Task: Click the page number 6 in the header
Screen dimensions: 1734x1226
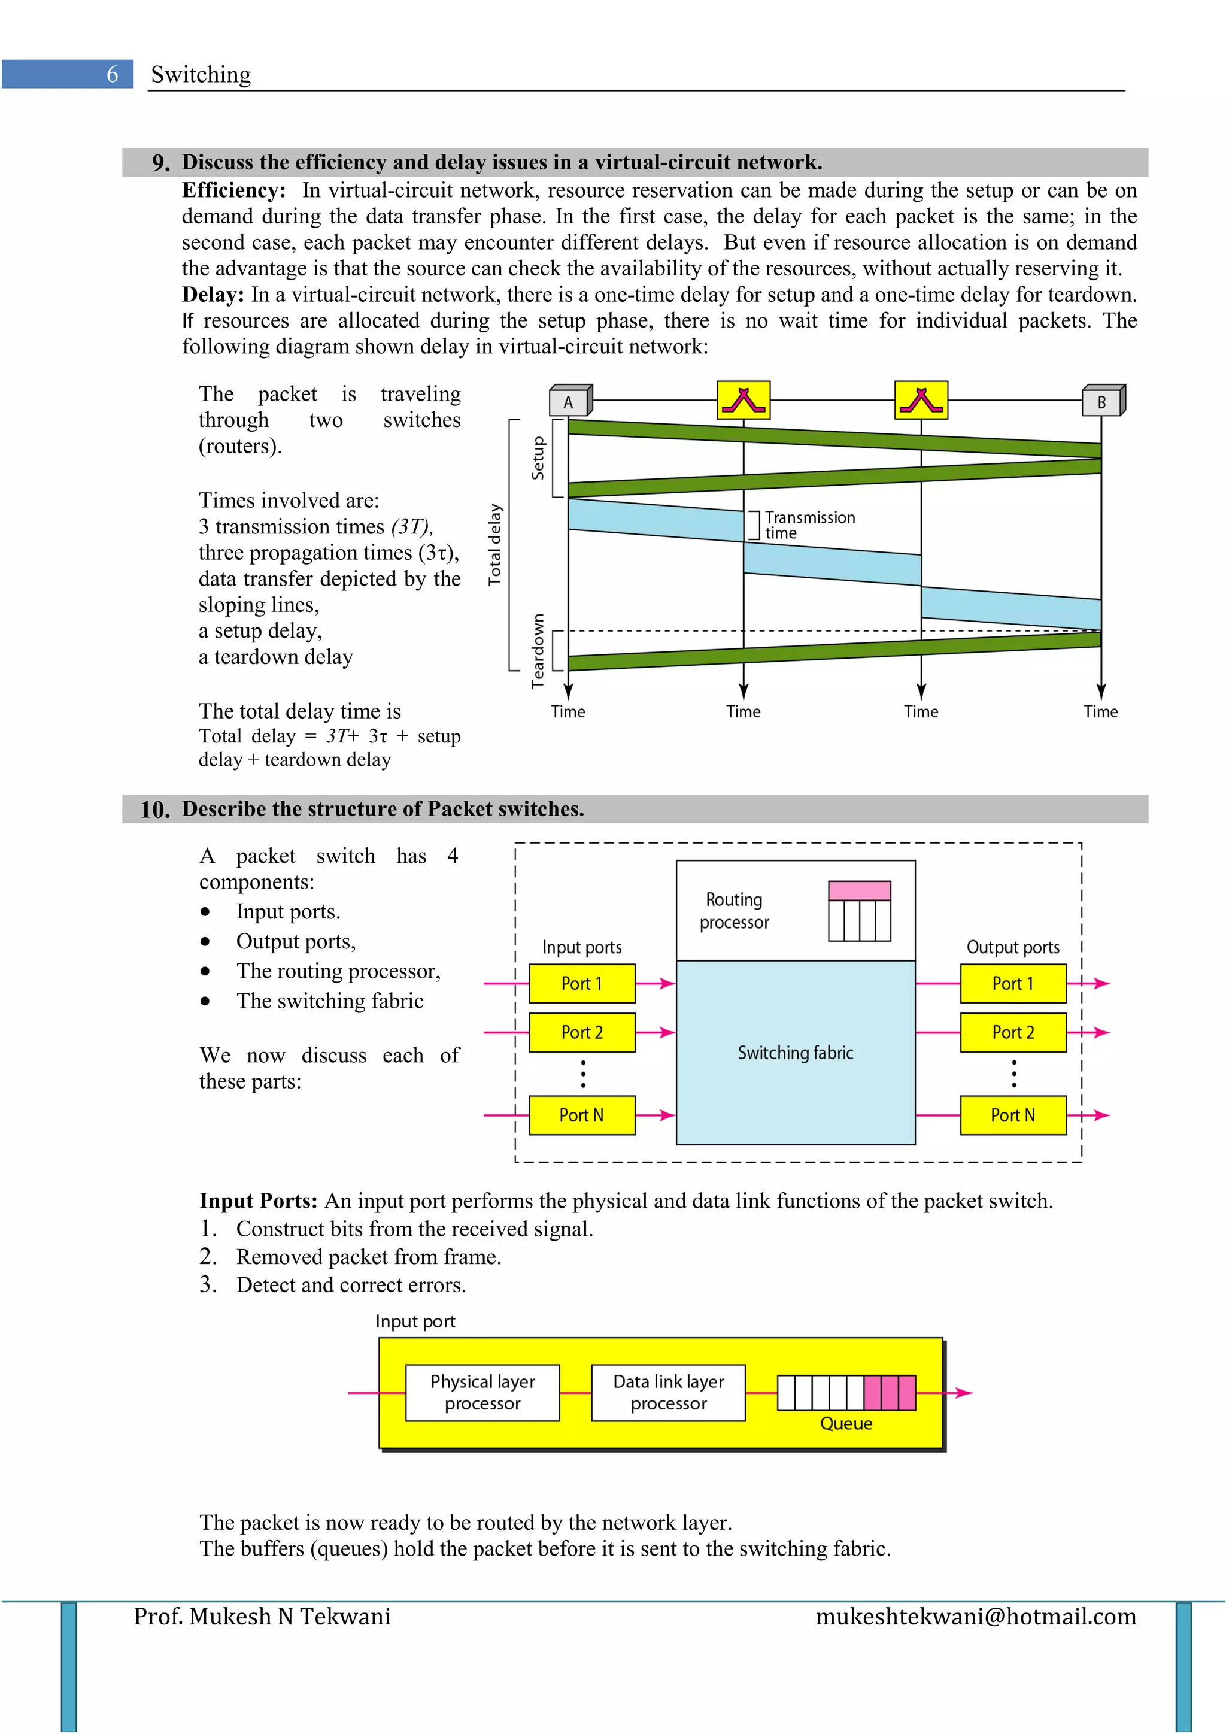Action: [113, 74]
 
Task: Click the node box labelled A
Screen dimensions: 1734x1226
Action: [569, 402]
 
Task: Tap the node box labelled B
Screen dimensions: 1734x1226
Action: [1101, 402]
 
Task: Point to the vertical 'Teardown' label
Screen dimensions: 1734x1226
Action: [538, 650]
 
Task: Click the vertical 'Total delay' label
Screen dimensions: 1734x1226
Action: [494, 544]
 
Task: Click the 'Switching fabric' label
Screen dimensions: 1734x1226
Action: [795, 1053]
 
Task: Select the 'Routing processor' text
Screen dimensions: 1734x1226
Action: [734, 911]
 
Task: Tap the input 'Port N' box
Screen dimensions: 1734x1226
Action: [581, 1115]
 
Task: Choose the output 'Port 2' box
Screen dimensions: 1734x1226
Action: [1012, 1032]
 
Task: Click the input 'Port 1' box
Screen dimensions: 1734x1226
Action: [581, 983]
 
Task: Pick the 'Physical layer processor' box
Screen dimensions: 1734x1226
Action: [482, 1393]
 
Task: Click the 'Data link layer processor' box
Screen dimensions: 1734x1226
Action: [668, 1393]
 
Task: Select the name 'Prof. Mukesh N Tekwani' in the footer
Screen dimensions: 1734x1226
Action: [262, 1617]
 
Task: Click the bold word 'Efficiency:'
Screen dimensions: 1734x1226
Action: [233, 190]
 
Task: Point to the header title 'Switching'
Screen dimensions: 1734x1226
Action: [201, 75]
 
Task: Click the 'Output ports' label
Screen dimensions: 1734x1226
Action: [1012, 947]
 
